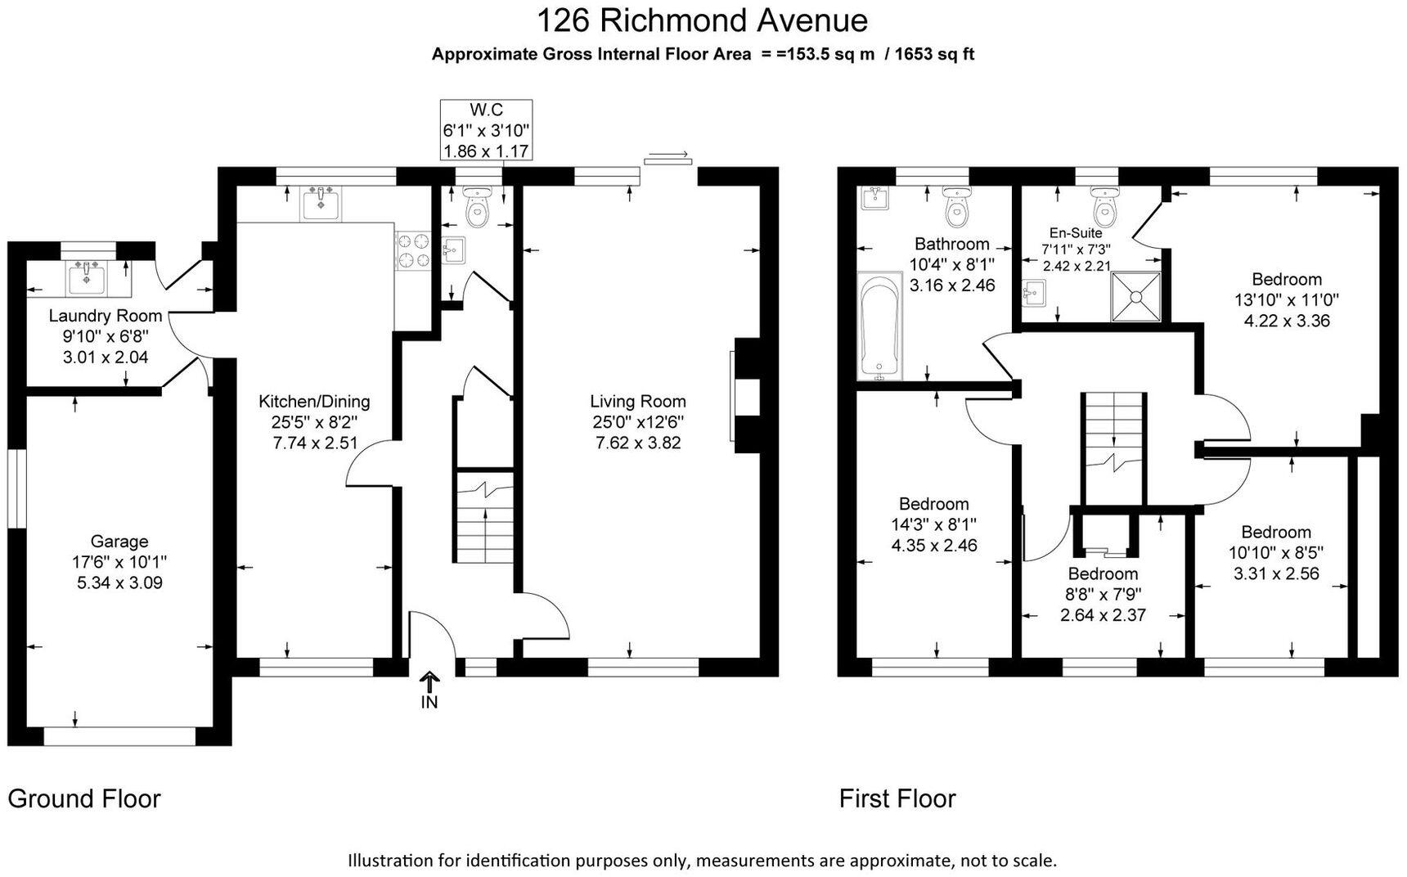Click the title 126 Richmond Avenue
click(x=703, y=20)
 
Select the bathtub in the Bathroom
click(x=879, y=327)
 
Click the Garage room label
click(x=119, y=541)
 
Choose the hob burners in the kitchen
click(x=414, y=251)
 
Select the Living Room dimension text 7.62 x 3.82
click(x=638, y=443)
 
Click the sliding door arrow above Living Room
click(x=668, y=155)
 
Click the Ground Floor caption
click(x=84, y=798)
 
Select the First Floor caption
click(x=897, y=798)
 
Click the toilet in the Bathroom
click(x=956, y=206)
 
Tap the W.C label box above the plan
click(x=487, y=130)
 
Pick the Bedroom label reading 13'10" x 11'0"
click(x=1287, y=299)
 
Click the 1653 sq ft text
click(x=934, y=55)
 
